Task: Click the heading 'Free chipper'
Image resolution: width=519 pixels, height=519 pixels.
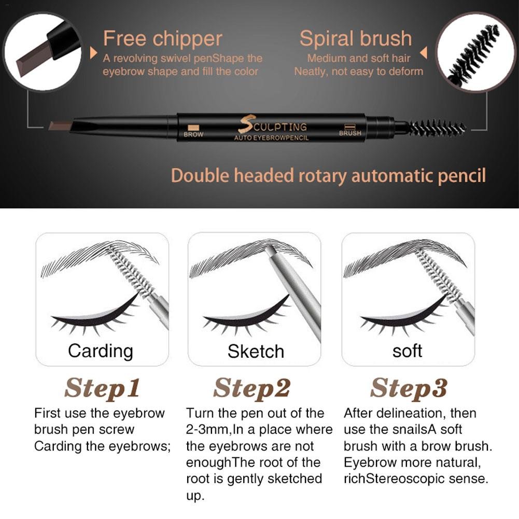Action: pos(162,39)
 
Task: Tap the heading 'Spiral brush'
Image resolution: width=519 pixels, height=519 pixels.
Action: pos(356,39)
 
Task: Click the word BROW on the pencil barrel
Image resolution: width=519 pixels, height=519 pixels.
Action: pos(193,134)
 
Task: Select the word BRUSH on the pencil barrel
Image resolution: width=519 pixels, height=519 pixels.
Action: pos(350,133)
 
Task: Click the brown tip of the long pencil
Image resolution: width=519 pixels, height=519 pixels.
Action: pos(61,126)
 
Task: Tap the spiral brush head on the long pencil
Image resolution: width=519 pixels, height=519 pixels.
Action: pos(437,128)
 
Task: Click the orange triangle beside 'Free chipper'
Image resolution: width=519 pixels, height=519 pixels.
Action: pos(93,53)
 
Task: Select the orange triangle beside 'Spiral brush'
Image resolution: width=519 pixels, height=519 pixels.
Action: pos(424,53)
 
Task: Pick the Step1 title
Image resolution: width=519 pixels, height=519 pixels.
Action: pos(102,388)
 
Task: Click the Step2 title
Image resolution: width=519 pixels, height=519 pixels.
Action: pos(251,388)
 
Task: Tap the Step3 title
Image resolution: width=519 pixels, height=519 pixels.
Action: pos(409,388)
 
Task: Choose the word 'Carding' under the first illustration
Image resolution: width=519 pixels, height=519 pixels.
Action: pos(101,352)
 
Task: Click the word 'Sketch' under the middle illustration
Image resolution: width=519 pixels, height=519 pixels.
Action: pos(256,351)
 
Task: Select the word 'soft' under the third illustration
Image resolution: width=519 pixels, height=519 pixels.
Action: pos(407,351)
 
